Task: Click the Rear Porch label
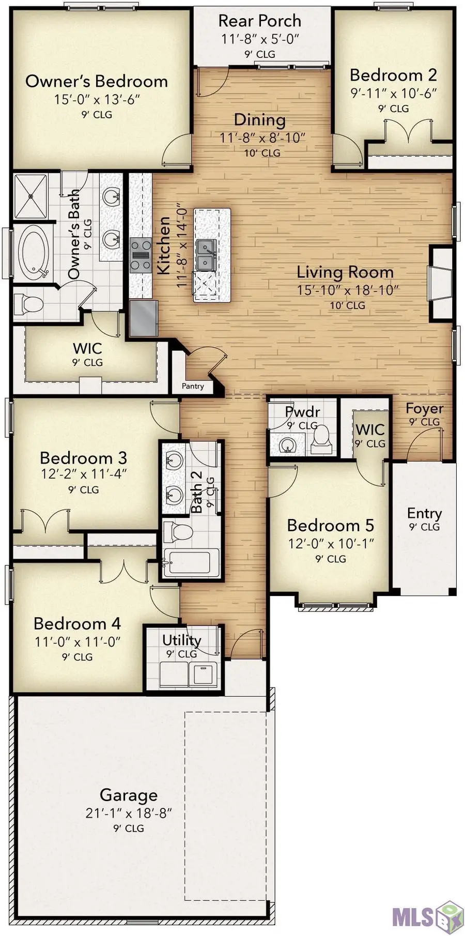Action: [259, 21]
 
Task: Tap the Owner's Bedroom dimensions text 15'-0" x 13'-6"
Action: [97, 100]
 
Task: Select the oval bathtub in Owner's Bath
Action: [34, 252]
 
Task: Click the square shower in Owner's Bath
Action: [30, 196]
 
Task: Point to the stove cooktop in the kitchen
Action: [140, 254]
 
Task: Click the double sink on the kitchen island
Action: [206, 255]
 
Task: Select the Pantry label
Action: [192, 386]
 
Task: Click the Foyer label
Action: [424, 408]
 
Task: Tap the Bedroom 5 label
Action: [330, 526]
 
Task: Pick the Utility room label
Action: [181, 640]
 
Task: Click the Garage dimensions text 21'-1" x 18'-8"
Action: [129, 813]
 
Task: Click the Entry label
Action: [424, 513]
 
